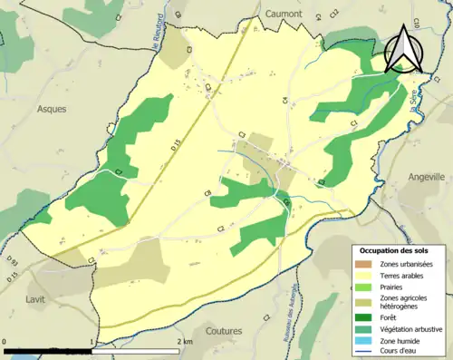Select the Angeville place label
coord(425,177)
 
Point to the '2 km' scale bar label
coord(186,342)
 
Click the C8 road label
coord(207,193)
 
